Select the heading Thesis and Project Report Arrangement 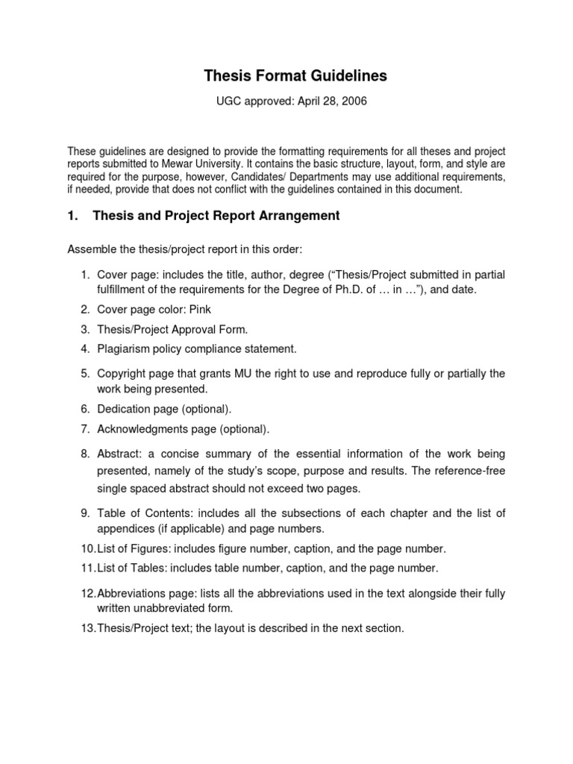point(216,216)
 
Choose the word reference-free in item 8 point(474,472)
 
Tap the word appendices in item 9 point(125,529)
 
